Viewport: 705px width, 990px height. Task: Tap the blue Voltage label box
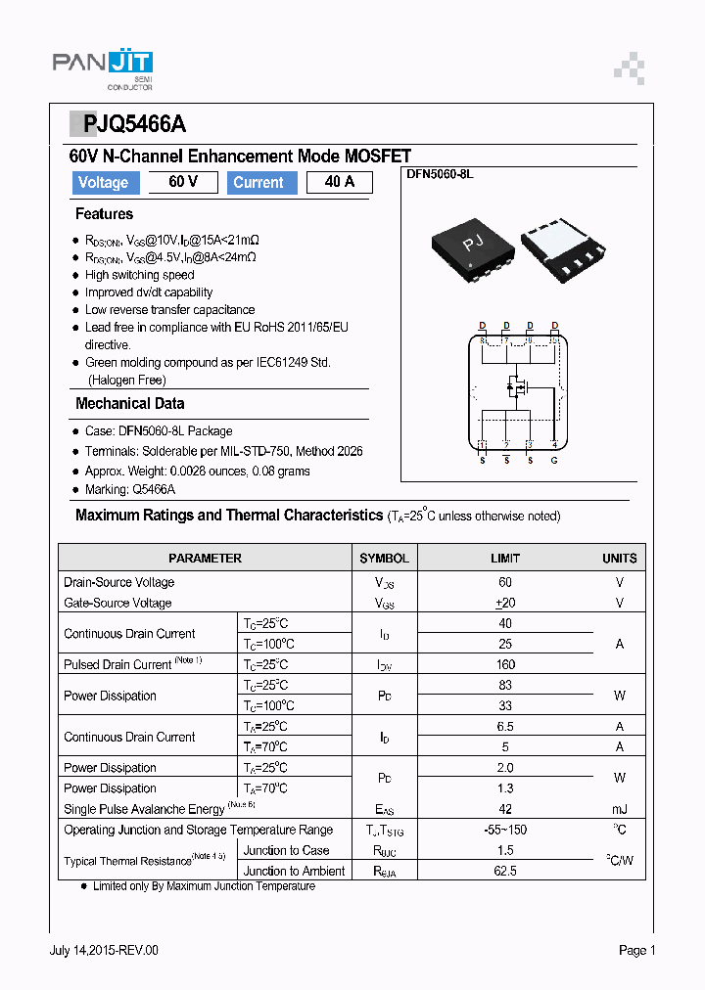tap(103, 183)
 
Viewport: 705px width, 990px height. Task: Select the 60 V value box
tap(183, 183)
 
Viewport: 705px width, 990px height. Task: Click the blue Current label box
tap(258, 183)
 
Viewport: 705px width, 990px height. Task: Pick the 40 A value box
tap(339, 183)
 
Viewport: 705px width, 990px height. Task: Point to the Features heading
tap(104, 214)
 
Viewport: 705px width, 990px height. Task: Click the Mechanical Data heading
tap(129, 403)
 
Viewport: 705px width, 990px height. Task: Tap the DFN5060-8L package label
tap(440, 173)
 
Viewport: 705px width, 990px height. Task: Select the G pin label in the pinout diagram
tap(554, 460)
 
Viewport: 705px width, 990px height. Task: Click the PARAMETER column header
tap(205, 559)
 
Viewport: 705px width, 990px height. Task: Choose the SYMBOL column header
tap(384, 559)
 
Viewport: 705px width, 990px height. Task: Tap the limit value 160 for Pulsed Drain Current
tap(505, 664)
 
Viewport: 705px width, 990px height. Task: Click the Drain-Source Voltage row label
tap(119, 583)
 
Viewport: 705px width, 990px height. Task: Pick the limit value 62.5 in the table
tap(505, 871)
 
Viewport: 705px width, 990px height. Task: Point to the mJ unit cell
tap(619, 809)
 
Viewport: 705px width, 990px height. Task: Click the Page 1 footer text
tap(636, 950)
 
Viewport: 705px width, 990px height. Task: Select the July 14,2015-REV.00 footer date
tap(104, 950)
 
